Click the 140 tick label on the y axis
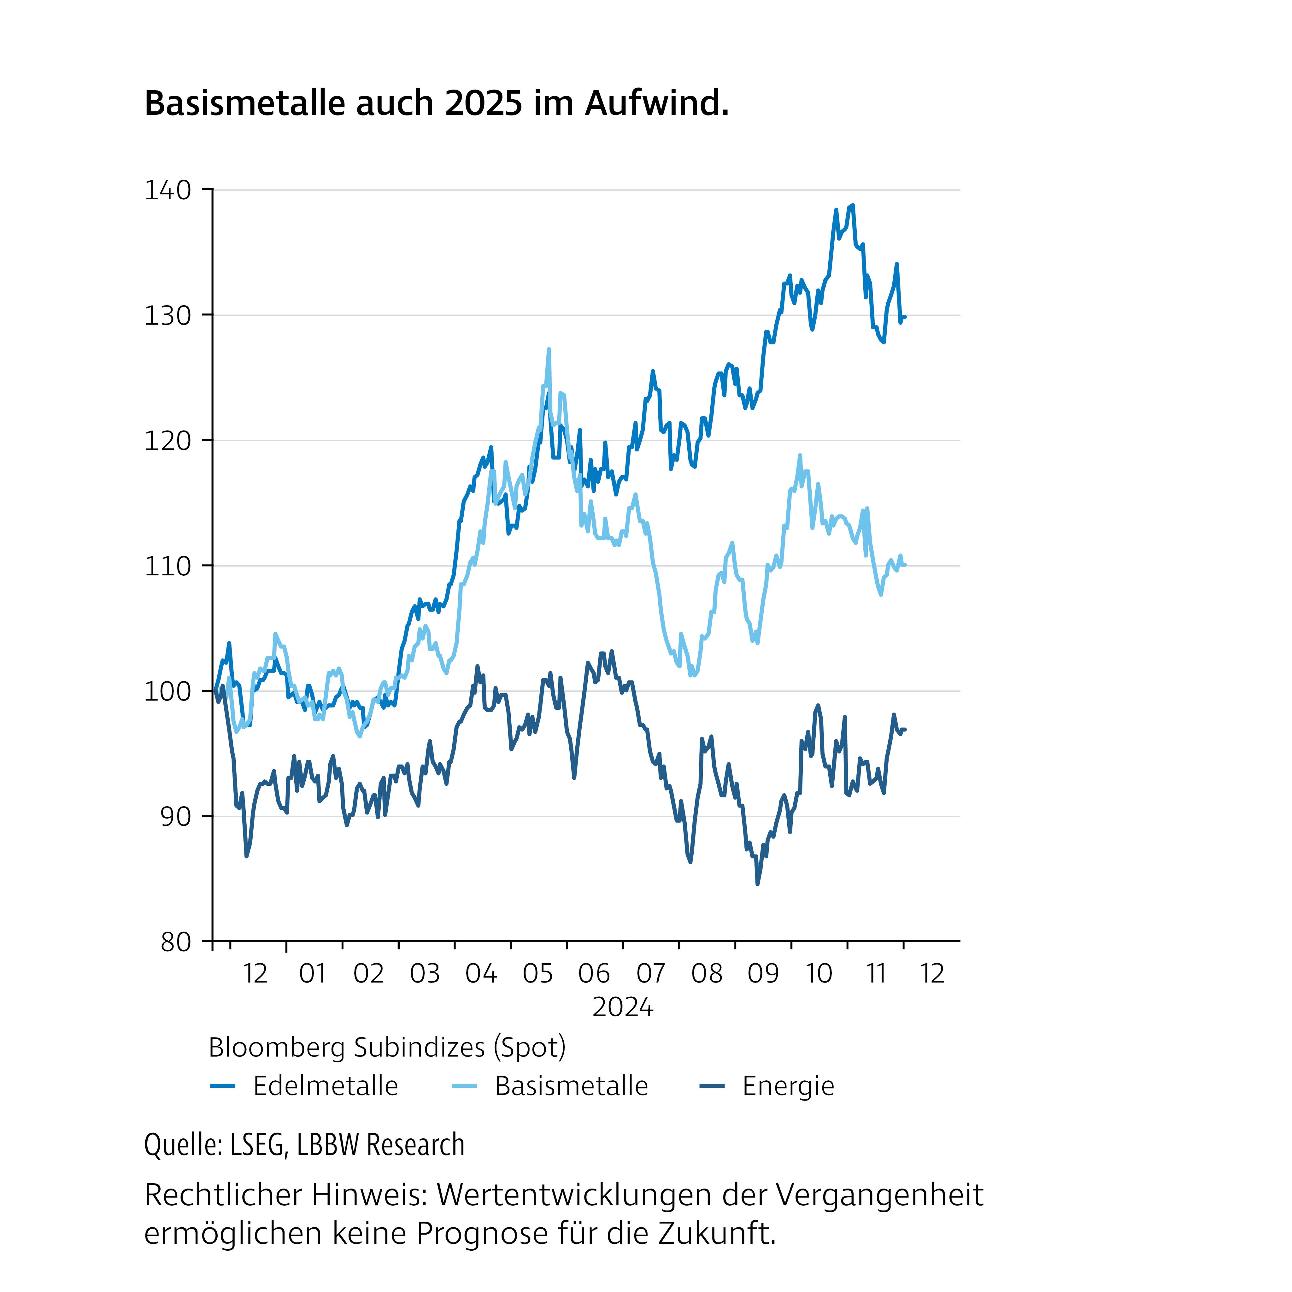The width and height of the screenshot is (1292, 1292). [x=167, y=191]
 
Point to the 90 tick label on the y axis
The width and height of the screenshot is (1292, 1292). [x=175, y=817]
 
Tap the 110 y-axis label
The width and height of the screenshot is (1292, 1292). [x=167, y=567]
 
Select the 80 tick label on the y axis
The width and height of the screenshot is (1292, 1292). [x=175, y=942]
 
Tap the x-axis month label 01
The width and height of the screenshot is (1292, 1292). [x=312, y=974]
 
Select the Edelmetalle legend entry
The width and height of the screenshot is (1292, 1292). [x=325, y=1086]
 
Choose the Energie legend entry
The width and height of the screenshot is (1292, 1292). [x=788, y=1086]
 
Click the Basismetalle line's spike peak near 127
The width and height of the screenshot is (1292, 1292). [x=549, y=349]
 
